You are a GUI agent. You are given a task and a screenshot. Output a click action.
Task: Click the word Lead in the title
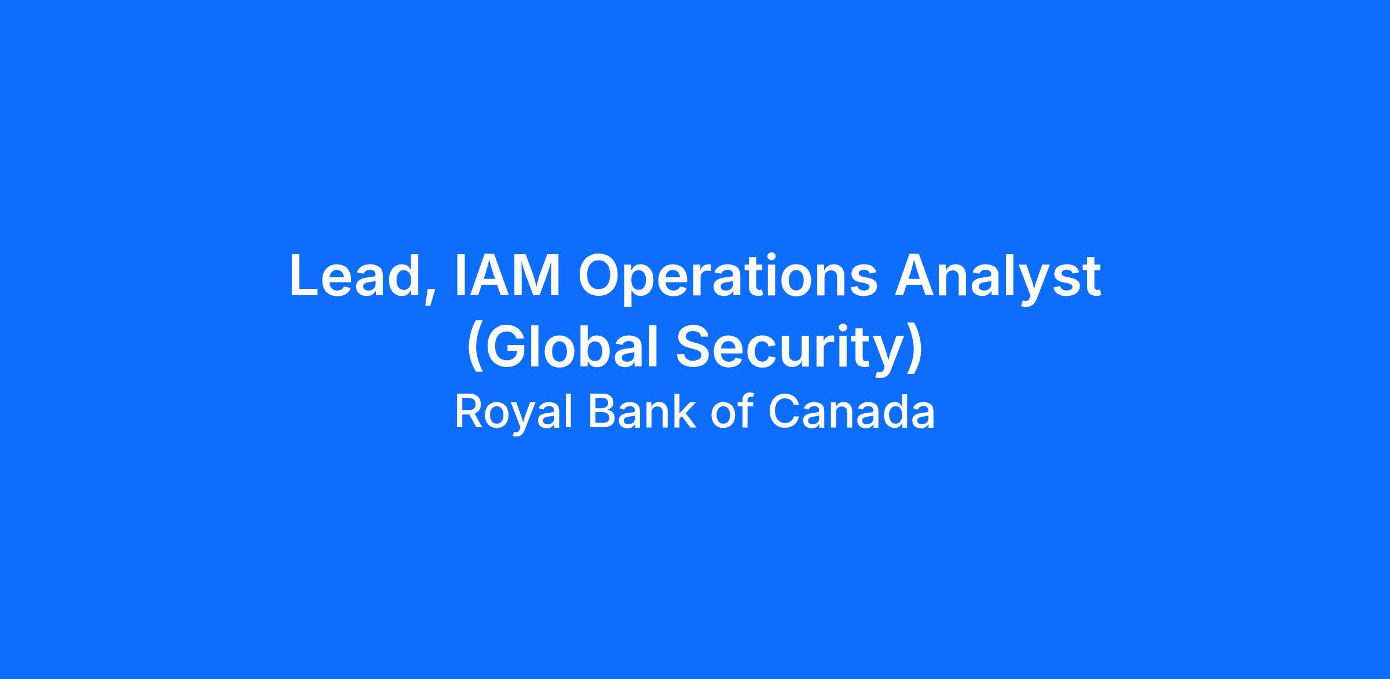pyautogui.click(x=354, y=276)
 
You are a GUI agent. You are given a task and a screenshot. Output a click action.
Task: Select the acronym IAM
pyautogui.click(x=507, y=276)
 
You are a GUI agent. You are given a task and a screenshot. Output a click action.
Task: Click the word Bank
pyautogui.click(x=642, y=412)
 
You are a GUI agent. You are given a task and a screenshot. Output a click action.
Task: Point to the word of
pyautogui.click(x=732, y=412)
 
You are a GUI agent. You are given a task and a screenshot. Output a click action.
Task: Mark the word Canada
pyautogui.click(x=851, y=412)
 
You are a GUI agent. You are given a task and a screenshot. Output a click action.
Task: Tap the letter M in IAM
pyautogui.click(x=536, y=276)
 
